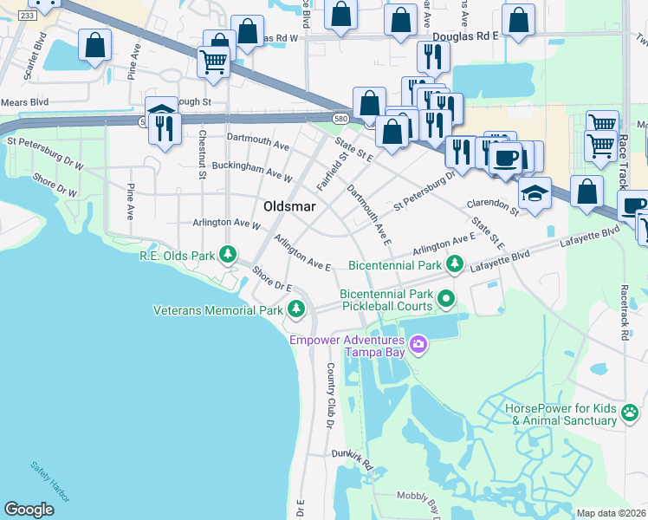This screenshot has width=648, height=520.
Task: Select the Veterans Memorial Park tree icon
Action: click(x=296, y=309)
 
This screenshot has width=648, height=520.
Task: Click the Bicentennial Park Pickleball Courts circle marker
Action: click(x=446, y=299)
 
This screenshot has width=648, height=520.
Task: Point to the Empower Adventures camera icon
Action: click(x=418, y=346)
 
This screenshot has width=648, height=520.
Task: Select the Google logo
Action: click(x=29, y=510)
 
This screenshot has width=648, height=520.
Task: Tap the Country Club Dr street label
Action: click(x=330, y=395)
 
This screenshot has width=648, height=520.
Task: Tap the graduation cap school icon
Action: click(x=535, y=193)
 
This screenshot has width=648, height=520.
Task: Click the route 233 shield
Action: click(x=27, y=16)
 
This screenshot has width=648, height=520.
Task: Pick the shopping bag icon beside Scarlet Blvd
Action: click(x=94, y=46)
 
